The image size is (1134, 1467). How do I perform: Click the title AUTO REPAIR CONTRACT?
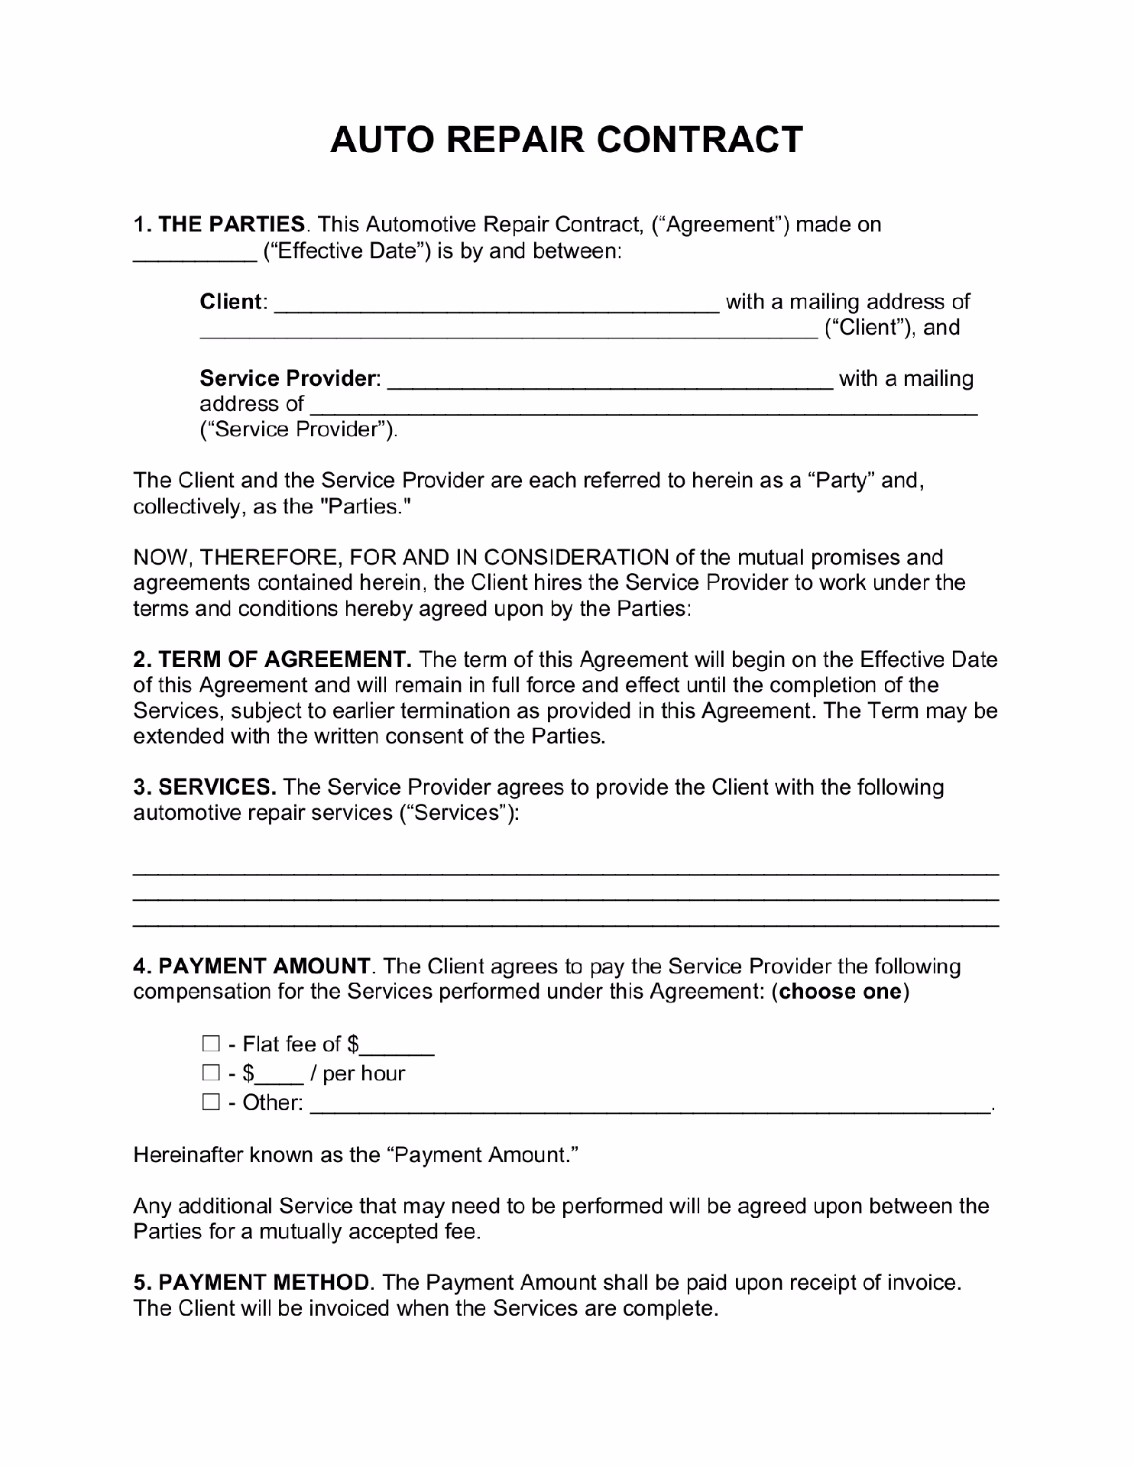pyautogui.click(x=566, y=140)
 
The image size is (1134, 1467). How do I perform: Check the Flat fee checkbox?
pyautogui.click(x=211, y=1044)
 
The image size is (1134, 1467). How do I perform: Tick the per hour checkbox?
pyautogui.click(x=211, y=1073)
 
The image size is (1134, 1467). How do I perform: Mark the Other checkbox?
pyautogui.click(x=211, y=1102)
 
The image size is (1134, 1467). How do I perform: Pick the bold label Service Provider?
pyautogui.click(x=290, y=378)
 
